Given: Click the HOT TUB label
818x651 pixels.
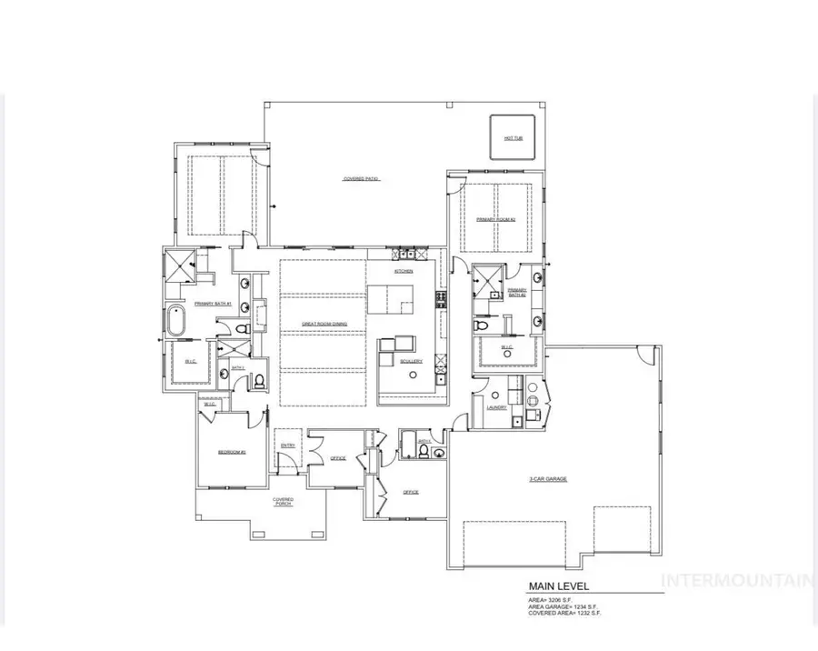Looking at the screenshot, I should click(x=514, y=138).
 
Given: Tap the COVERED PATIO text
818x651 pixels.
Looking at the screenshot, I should click(x=361, y=179).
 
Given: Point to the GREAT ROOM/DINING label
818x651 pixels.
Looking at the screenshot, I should click(x=325, y=323).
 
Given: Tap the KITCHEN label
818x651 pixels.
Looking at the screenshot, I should click(x=404, y=271).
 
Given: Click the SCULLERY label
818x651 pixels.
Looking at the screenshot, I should click(x=411, y=361).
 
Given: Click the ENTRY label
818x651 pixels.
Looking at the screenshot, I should click(x=288, y=445).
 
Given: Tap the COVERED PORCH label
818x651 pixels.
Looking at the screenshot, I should click(x=283, y=501).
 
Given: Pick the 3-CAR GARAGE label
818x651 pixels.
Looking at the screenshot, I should click(x=548, y=478).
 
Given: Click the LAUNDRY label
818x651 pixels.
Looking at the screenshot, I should click(x=496, y=407).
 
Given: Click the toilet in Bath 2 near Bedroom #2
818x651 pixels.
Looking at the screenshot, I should click(x=258, y=380).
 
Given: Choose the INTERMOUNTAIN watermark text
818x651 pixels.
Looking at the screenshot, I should click(x=737, y=579).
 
